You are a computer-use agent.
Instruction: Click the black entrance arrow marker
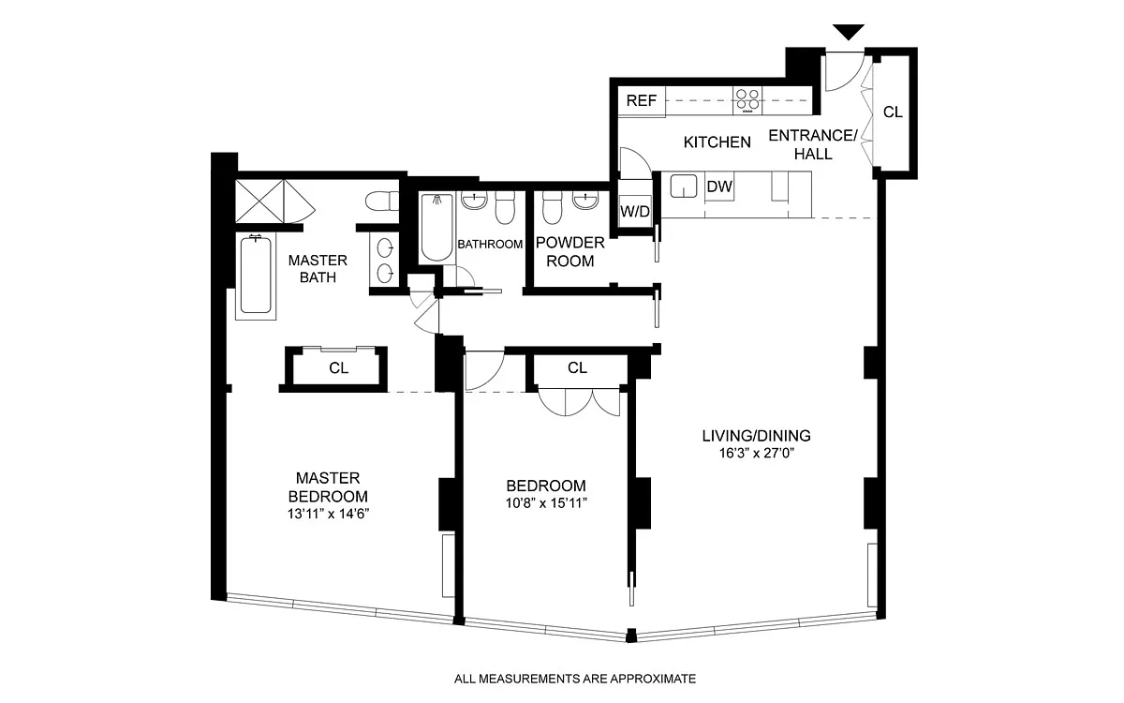[x=849, y=32]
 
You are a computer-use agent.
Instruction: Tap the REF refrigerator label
[x=642, y=100]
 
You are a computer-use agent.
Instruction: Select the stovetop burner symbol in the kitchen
[x=747, y=100]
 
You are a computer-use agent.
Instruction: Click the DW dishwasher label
[x=719, y=187]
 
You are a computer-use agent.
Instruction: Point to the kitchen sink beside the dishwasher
[x=684, y=186]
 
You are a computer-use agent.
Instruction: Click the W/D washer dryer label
[x=635, y=212]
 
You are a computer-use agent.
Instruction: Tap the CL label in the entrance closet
[x=893, y=112]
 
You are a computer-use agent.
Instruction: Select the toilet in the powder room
[x=553, y=207]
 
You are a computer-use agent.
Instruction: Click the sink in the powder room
[x=585, y=201]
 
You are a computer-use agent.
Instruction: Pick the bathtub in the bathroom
[x=437, y=228]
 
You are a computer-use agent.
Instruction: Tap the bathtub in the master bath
[x=256, y=277]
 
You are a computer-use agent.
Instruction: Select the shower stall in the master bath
[x=260, y=201]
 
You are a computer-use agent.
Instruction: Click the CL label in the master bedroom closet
[x=339, y=368]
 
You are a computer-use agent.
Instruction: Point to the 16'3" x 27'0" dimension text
[x=757, y=454]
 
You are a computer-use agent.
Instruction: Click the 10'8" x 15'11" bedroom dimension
[x=546, y=503]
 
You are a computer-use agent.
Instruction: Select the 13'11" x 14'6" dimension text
[x=328, y=514]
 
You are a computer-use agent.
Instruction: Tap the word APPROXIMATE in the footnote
[x=652, y=679]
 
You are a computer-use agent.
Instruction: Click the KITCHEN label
[x=717, y=142]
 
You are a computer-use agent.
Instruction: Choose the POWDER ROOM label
[x=570, y=252]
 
